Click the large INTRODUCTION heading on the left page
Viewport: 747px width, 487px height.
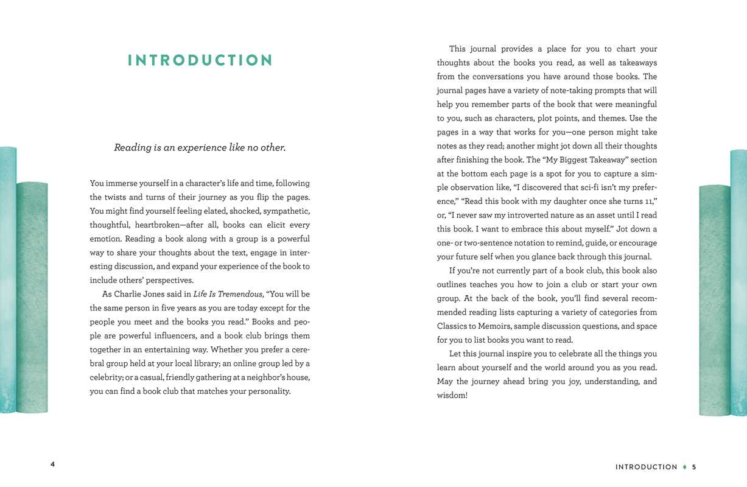click(200, 60)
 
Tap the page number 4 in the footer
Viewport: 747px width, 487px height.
click(52, 464)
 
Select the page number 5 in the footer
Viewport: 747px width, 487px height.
click(694, 467)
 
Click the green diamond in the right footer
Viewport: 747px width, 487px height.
click(685, 467)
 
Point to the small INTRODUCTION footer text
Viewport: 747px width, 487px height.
click(646, 467)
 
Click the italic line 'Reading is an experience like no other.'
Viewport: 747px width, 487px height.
click(200, 147)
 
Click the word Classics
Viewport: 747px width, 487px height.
click(452, 326)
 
